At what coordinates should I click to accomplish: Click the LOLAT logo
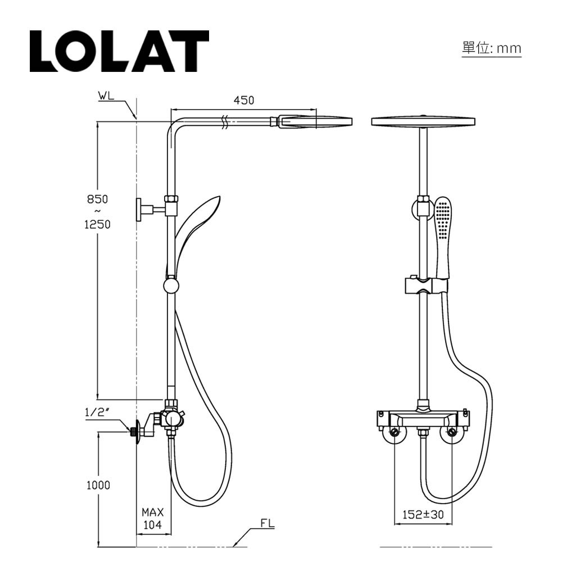(x=119, y=51)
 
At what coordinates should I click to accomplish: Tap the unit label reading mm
(x=509, y=48)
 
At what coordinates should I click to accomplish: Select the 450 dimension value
(x=244, y=101)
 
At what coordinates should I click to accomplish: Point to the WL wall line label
(x=106, y=96)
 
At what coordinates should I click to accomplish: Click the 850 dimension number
(x=97, y=199)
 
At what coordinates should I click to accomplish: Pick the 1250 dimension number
(x=97, y=225)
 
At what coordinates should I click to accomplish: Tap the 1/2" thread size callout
(x=97, y=412)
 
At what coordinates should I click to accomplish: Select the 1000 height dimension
(x=98, y=486)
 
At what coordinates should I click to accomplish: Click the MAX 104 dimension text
(x=152, y=518)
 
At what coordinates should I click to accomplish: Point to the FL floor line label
(x=267, y=524)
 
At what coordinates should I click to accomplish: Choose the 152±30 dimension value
(x=423, y=515)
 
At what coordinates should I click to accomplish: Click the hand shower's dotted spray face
(x=442, y=220)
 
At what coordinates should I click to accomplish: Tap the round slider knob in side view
(x=171, y=286)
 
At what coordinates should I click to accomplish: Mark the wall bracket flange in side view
(x=139, y=210)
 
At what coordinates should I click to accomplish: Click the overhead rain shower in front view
(x=423, y=121)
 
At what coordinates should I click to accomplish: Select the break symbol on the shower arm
(x=225, y=122)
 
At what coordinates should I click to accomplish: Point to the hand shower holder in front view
(x=427, y=285)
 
